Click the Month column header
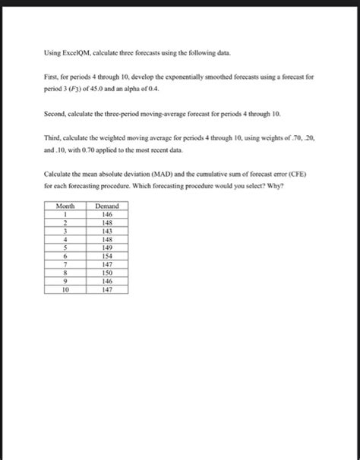(x=66, y=206)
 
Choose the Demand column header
(x=107, y=206)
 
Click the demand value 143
(x=107, y=231)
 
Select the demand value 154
(x=107, y=255)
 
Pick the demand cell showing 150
(x=107, y=272)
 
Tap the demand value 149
(x=107, y=247)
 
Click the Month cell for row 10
(x=66, y=288)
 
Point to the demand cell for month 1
(x=107, y=215)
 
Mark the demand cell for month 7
(x=107, y=263)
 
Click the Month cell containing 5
(x=66, y=247)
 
